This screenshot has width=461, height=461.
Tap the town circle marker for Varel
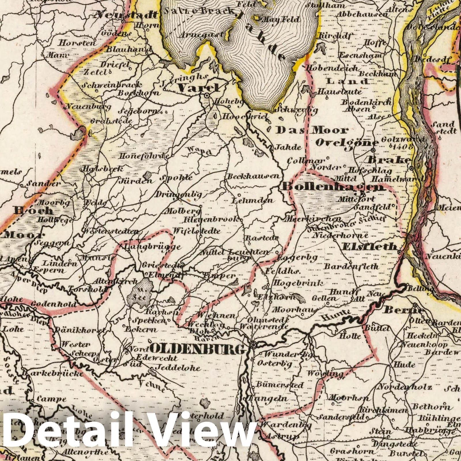click(207, 95)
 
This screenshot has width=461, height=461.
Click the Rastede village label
click(262, 238)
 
